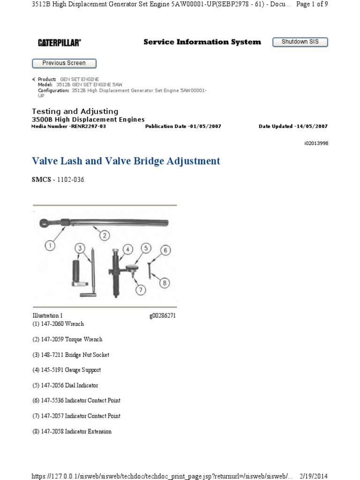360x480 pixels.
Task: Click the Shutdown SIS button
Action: (x=300, y=42)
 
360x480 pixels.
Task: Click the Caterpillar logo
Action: (x=59, y=43)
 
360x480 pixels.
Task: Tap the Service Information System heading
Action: (x=202, y=42)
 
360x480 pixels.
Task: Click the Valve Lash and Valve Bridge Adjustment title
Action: (x=126, y=161)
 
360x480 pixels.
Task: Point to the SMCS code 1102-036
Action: (x=70, y=180)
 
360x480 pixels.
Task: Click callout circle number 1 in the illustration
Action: (x=50, y=244)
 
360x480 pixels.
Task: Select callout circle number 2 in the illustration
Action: (x=104, y=235)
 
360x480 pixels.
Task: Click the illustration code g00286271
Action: (x=162, y=316)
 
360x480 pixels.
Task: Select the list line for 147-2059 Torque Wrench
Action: (x=67, y=339)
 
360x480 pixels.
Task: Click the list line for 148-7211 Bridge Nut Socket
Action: (x=71, y=355)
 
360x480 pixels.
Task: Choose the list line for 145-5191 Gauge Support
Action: (x=67, y=370)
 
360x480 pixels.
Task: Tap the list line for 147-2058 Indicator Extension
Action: (x=72, y=431)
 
